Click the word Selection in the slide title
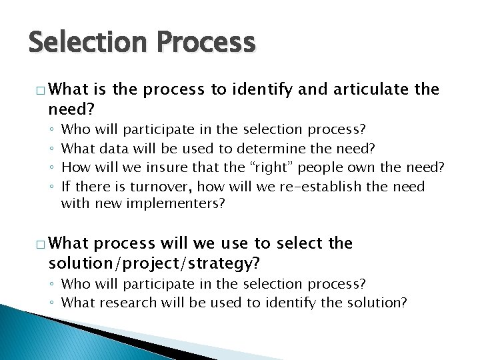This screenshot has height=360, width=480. point(84,43)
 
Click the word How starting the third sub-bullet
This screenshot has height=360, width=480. point(73,166)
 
